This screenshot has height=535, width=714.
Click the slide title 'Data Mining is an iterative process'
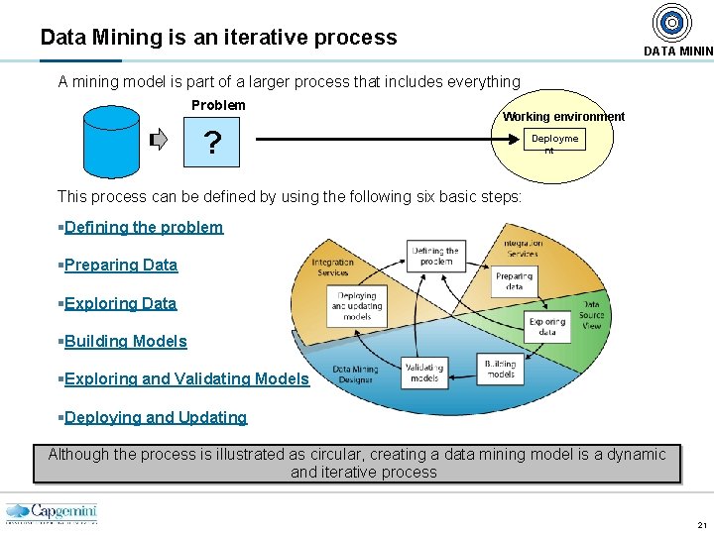[218, 38]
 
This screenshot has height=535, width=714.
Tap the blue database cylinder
[111, 140]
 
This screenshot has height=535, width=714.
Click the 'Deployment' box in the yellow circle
[554, 142]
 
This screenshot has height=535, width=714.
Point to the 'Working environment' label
[563, 117]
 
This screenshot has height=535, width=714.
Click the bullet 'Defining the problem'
[144, 227]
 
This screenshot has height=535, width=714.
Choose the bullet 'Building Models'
[125, 341]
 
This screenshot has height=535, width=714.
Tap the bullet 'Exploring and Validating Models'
[186, 378]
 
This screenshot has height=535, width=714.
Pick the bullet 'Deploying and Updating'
[155, 417]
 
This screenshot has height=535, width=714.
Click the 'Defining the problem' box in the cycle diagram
[435, 257]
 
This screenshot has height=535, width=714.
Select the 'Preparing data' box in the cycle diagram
[514, 281]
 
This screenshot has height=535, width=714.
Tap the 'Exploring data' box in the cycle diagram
[546, 327]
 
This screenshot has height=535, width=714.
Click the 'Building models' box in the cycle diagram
[500, 370]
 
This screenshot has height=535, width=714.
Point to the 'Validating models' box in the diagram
[424, 372]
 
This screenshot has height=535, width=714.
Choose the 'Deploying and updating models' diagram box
[356, 304]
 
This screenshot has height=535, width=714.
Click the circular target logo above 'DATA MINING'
[672, 22]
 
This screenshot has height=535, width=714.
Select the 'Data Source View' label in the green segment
[591, 315]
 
